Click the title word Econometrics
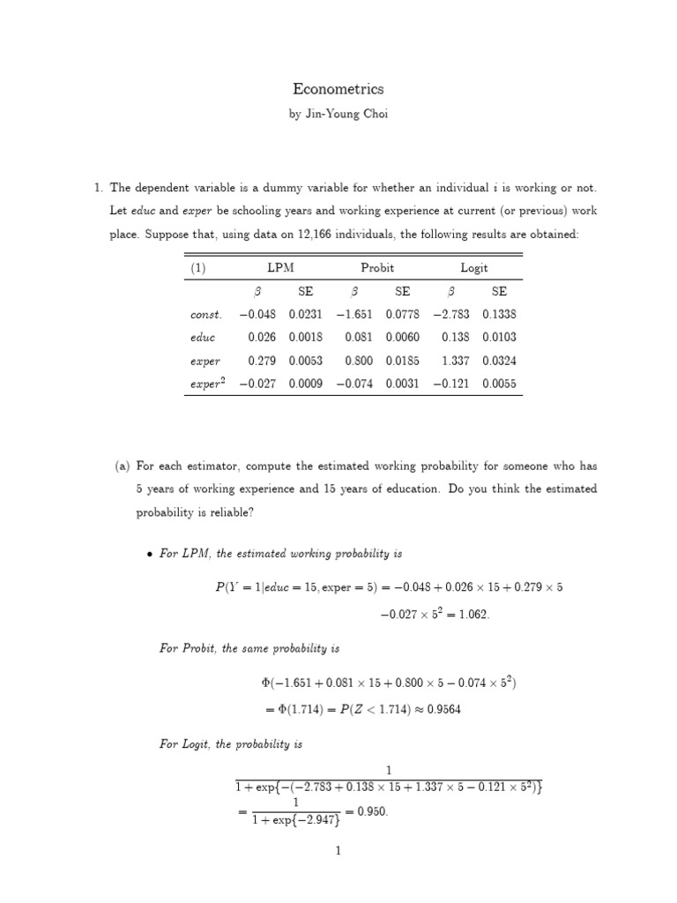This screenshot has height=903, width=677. click(338, 89)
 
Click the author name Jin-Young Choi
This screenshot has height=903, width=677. click(338, 114)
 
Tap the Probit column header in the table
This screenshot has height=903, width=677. click(377, 268)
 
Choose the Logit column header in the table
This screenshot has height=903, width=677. click(473, 268)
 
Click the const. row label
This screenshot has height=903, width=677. click(206, 314)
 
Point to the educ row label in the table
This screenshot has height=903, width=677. click(203, 337)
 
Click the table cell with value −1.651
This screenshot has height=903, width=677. click(354, 314)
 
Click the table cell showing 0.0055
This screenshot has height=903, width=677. click(500, 384)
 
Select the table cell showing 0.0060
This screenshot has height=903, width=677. click(402, 337)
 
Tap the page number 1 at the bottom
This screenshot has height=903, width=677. click(338, 851)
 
